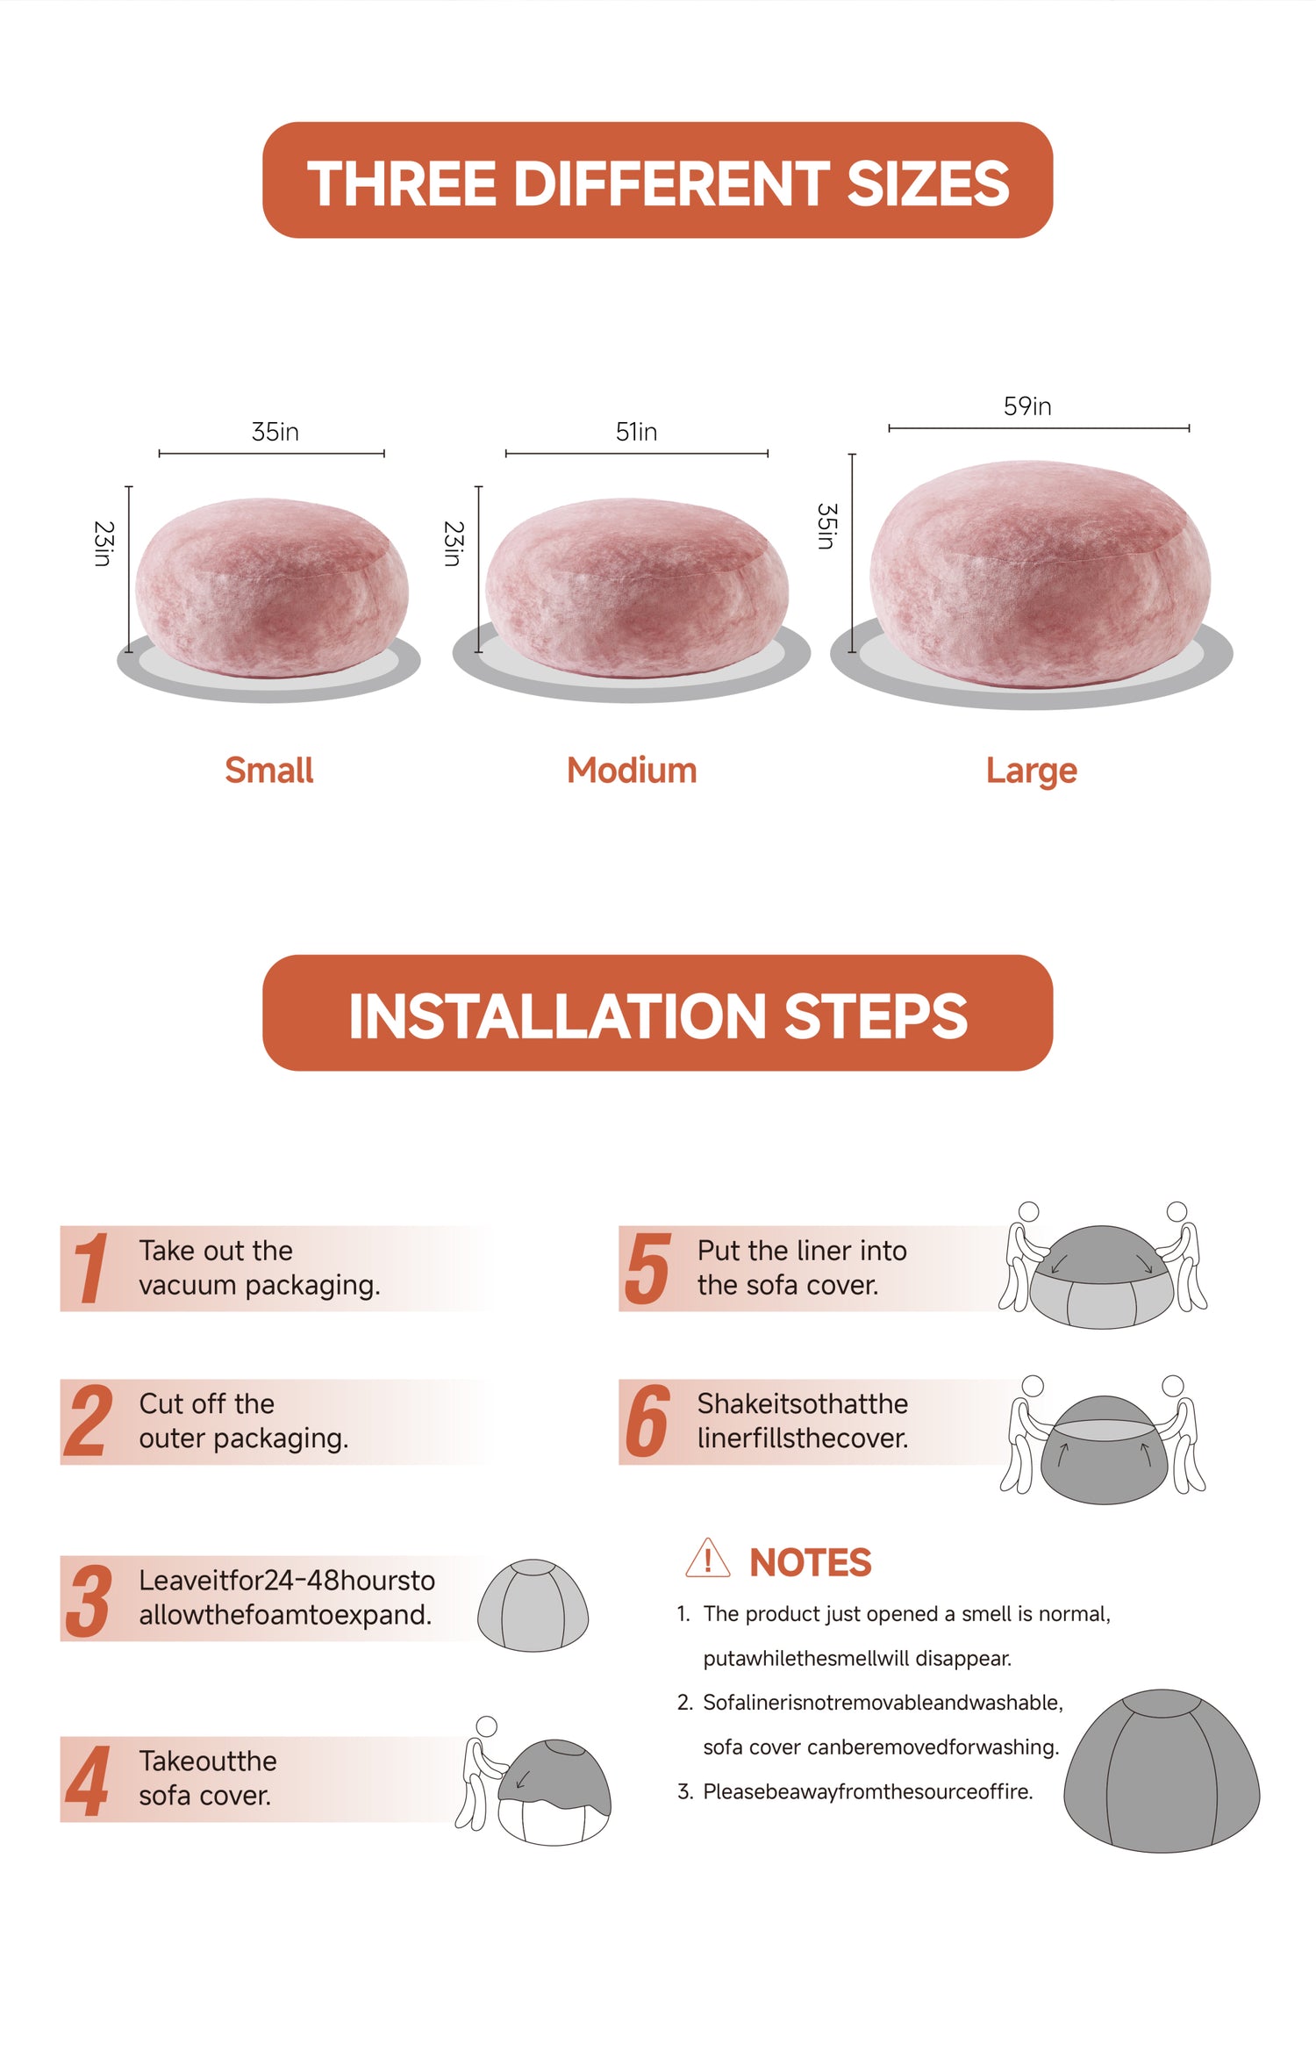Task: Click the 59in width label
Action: click(x=1027, y=406)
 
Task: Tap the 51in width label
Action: click(x=636, y=432)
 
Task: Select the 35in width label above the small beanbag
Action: click(x=275, y=432)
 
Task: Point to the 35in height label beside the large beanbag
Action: click(x=826, y=527)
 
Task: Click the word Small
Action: click(x=269, y=771)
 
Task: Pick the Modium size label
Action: click(x=632, y=771)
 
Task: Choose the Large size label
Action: click(x=1032, y=771)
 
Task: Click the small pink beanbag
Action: click(x=272, y=587)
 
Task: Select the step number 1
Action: click(x=90, y=1268)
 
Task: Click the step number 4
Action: click(x=88, y=1782)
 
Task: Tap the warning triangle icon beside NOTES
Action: click(x=707, y=1560)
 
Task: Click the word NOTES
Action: click(x=811, y=1563)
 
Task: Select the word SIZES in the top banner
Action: click(x=927, y=183)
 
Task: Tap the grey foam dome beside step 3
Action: click(x=533, y=1605)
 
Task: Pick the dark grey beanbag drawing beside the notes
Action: click(x=1162, y=1771)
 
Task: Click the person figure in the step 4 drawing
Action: click(x=479, y=1773)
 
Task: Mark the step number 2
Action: click(x=88, y=1421)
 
